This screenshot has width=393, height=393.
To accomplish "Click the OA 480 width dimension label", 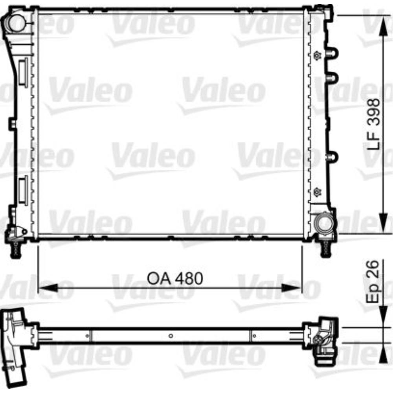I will click(x=175, y=278).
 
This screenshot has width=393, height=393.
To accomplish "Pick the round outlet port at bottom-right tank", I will click(x=325, y=223).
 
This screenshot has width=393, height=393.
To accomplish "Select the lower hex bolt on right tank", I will click(x=317, y=192).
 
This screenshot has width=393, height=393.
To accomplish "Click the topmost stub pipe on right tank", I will click(x=332, y=53).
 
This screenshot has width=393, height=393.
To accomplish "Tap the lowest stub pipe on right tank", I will click(x=332, y=157).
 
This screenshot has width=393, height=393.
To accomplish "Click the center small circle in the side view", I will click(x=171, y=336).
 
